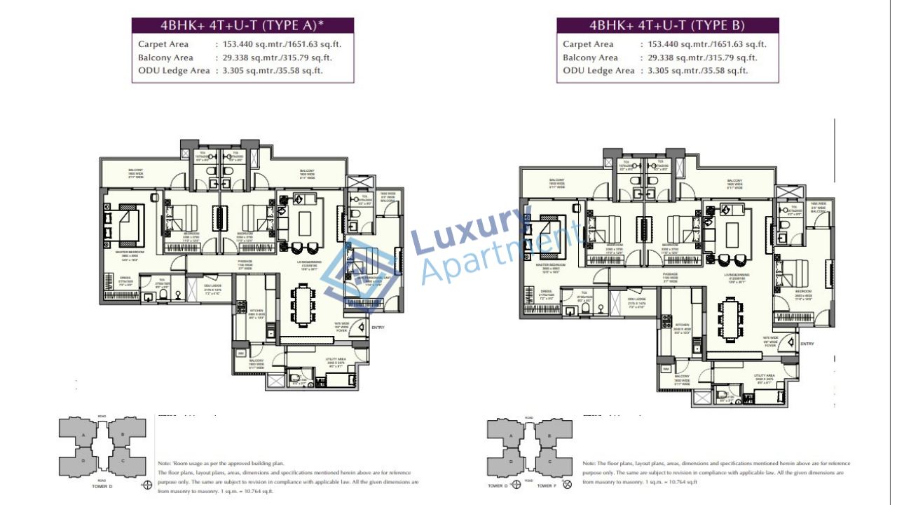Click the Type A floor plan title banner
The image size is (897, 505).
(242, 26)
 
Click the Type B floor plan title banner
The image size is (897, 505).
(667, 26)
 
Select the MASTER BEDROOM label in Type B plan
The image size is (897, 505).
(549, 265)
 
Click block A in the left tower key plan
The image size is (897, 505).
(84, 435)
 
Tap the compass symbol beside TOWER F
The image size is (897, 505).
(567, 484)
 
